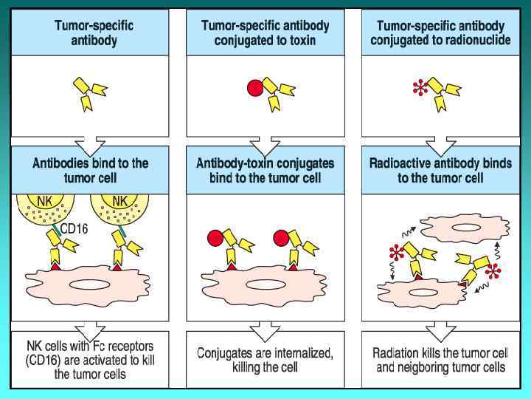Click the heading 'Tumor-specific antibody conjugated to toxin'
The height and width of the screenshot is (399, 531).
coord(265,33)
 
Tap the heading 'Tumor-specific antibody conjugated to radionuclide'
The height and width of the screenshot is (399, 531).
coord(440,33)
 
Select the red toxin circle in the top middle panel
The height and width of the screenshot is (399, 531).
coord(254,89)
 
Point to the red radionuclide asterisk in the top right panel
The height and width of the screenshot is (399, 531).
coord(420,90)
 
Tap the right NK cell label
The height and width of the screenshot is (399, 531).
coord(120,201)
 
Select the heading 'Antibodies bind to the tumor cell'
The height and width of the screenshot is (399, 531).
coord(90,170)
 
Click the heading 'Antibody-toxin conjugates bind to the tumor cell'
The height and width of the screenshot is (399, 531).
coord(265,170)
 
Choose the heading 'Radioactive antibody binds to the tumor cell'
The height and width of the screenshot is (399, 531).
coord(440,170)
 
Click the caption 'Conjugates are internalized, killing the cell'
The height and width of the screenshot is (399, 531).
coord(265,360)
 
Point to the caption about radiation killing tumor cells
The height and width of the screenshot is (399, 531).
coord(440,360)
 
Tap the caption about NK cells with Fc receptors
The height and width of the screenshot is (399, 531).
coord(90,360)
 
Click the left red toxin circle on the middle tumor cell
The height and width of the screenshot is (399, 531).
coord(214,238)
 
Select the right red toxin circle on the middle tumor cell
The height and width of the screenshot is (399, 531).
coord(281,238)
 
